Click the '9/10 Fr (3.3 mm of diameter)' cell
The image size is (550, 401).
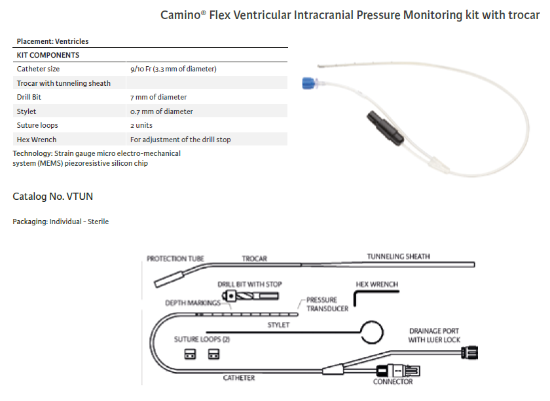[x=173, y=69]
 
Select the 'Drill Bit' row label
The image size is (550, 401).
[x=29, y=97]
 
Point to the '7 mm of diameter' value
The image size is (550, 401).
[x=158, y=97]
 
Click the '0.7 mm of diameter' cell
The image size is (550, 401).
[x=161, y=111]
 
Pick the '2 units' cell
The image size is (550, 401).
[x=143, y=125]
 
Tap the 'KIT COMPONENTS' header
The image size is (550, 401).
[x=48, y=55]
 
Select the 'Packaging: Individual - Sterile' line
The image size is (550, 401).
[x=60, y=221]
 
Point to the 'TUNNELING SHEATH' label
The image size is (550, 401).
[x=398, y=256]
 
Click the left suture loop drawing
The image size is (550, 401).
[x=190, y=354]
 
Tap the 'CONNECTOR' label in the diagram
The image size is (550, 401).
[x=393, y=381]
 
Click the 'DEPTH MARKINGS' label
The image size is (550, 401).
[x=192, y=303]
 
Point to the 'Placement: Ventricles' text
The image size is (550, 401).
[x=52, y=41]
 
